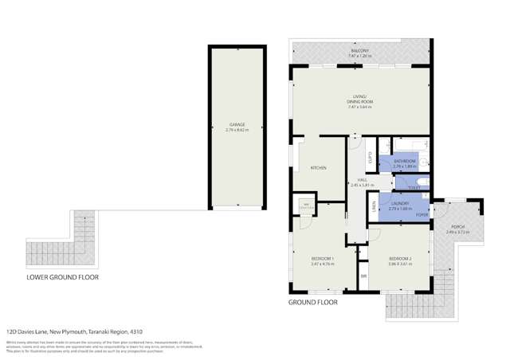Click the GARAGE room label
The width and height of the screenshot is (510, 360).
(x=237, y=124)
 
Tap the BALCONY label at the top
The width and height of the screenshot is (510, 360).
(x=360, y=50)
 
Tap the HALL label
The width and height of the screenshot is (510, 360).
(x=362, y=181)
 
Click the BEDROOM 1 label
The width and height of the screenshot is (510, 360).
(x=322, y=260)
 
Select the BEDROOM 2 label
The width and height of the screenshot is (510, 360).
(x=399, y=260)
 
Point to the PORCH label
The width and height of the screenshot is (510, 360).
(x=457, y=227)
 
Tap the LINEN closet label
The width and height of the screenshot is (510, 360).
(x=373, y=206)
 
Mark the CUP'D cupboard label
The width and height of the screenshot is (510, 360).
(x=371, y=158)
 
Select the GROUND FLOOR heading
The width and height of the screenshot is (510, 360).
(x=312, y=303)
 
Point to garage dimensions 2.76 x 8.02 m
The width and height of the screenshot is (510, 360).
(x=237, y=129)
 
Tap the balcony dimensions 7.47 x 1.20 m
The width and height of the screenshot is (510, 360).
(x=360, y=56)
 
